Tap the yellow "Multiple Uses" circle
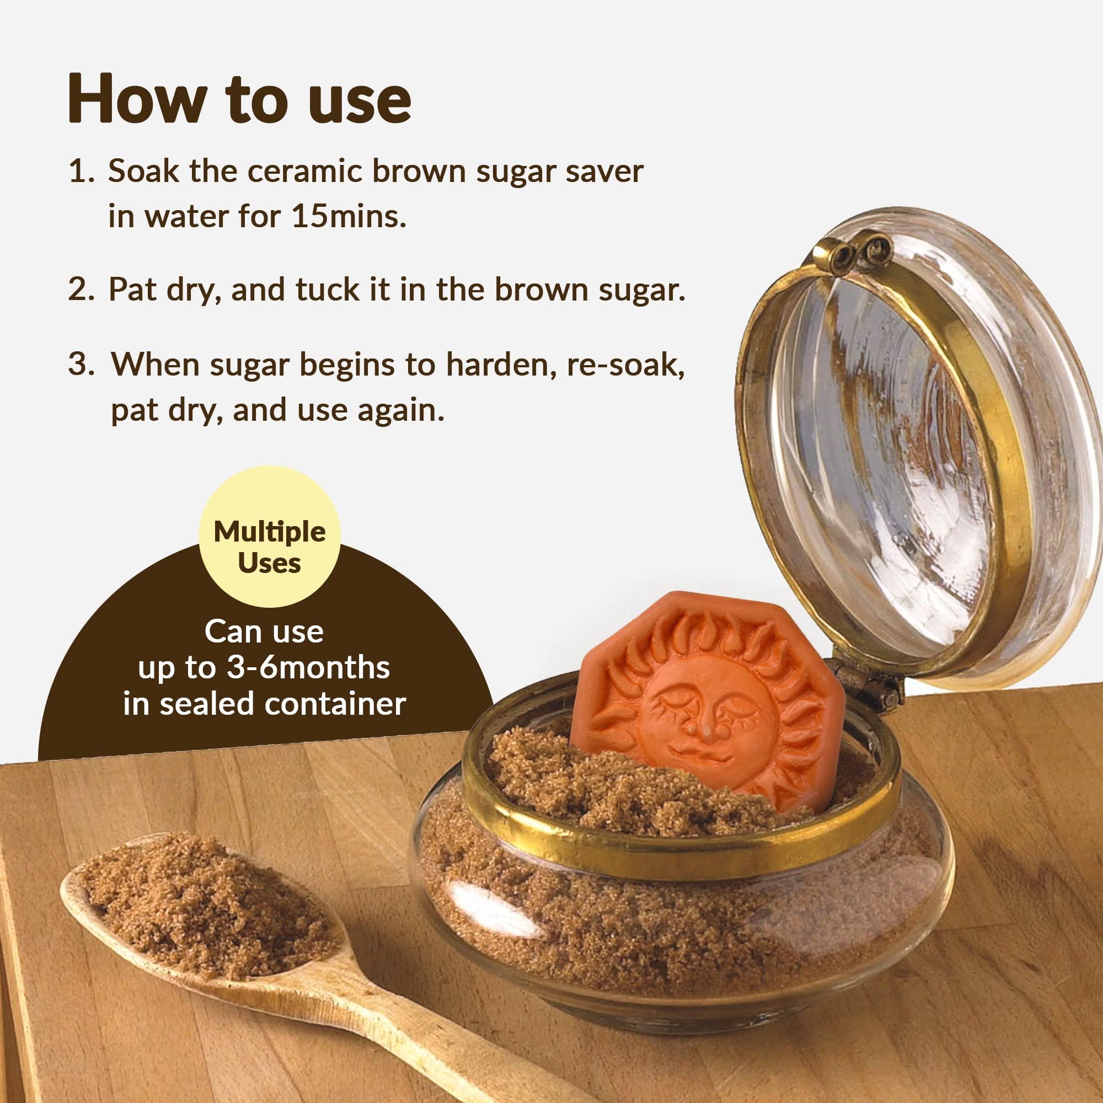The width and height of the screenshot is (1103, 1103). coord(270,547)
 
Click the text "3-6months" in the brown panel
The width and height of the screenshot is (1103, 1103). coord(308,667)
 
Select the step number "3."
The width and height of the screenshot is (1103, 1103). coord(81,364)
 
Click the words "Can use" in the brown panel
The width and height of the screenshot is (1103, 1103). coord(264,631)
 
